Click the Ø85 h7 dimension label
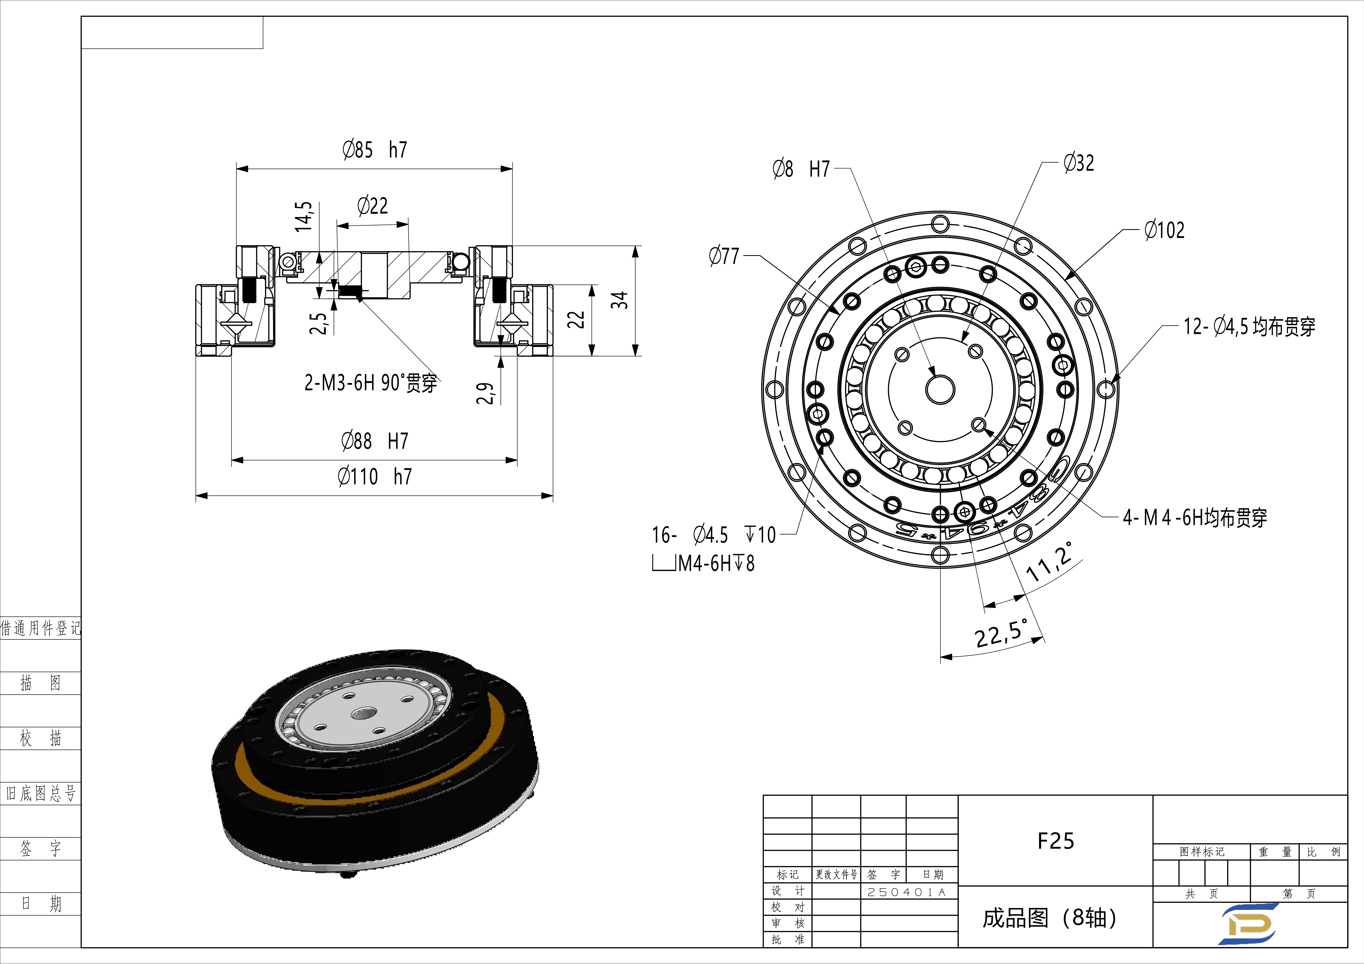375,150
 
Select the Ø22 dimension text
372,206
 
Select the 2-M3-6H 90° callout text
371,383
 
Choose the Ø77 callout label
724,256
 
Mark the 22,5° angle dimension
1001,633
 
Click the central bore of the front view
940,390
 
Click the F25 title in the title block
1056,841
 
